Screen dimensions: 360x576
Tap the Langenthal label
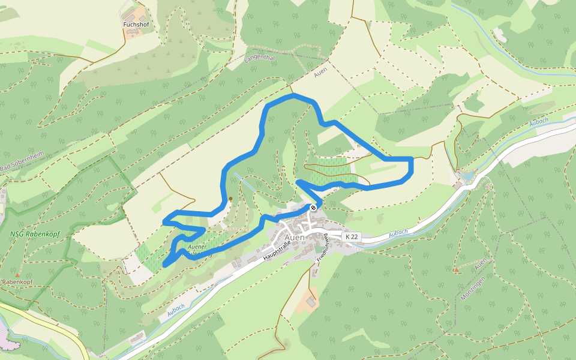click(x=259, y=58)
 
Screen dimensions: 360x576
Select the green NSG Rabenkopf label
click(x=30, y=234)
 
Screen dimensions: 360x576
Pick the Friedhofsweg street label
click(x=322, y=247)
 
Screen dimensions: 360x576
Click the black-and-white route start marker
click(x=313, y=208)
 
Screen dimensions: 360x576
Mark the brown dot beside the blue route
click(x=230, y=198)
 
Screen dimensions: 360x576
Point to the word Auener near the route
click(x=197, y=247)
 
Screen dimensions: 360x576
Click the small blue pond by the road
click(x=466, y=177)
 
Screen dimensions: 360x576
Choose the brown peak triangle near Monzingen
click(x=456, y=270)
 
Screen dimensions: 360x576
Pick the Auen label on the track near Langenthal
click(x=320, y=74)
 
